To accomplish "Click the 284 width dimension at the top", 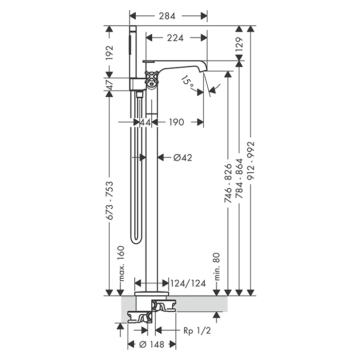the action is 167,16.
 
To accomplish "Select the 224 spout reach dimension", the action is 175,38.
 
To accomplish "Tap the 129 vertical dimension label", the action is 239,44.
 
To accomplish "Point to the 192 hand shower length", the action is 110,52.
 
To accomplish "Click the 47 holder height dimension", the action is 110,84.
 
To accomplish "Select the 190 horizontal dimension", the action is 176,122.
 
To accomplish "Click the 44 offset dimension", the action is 146,122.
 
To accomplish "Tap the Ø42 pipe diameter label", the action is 183,157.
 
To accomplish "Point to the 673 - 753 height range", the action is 110,201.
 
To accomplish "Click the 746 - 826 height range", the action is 228,183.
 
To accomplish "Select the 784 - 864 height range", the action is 240,178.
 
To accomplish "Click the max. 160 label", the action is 121,263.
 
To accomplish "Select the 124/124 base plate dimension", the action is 188,283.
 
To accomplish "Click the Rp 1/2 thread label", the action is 197,331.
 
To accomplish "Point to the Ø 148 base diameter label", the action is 152,345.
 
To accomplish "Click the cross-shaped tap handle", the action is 151,78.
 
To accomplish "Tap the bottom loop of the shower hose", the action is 136,240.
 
